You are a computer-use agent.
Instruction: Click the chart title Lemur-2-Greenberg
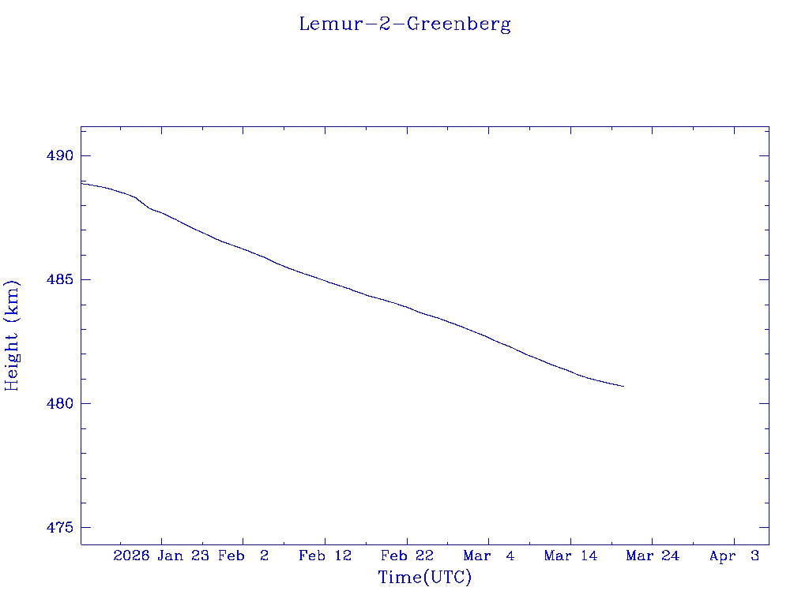click(x=404, y=24)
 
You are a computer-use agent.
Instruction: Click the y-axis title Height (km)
click(x=12, y=335)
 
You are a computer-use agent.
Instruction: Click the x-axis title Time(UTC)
click(x=425, y=578)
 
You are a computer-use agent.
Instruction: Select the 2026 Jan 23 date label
click(x=160, y=555)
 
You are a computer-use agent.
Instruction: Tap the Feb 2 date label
click(x=243, y=555)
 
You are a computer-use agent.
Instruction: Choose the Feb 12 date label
click(x=325, y=555)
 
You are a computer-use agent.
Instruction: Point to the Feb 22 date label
click(x=407, y=555)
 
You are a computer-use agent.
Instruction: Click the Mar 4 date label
click(x=489, y=555)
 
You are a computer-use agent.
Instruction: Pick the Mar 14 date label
click(x=570, y=555)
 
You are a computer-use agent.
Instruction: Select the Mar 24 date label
click(x=653, y=555)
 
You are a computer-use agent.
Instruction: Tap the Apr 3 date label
click(x=734, y=555)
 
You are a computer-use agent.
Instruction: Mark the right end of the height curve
click(x=624, y=387)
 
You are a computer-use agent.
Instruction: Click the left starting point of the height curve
click(x=81, y=183)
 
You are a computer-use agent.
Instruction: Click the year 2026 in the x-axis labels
click(x=131, y=555)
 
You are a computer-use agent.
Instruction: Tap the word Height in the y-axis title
click(x=12, y=359)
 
